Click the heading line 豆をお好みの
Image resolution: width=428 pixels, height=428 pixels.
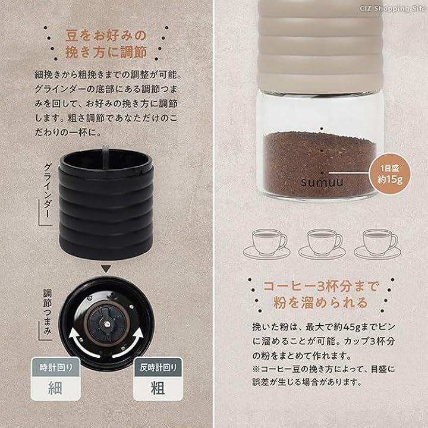[106, 36]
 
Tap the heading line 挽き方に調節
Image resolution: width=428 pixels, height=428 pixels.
[106, 52]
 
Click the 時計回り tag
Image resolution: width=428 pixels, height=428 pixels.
[56, 367]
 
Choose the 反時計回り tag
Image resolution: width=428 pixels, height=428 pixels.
[158, 367]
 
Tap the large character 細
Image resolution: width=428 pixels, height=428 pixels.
[55, 388]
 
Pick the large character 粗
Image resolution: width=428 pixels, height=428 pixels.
[158, 388]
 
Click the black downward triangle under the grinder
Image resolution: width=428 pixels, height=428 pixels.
[106, 269]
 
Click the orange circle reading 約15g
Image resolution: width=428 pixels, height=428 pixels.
[390, 174]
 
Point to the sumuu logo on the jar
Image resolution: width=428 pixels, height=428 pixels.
[322, 182]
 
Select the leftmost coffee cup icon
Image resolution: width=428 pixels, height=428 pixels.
[267, 244]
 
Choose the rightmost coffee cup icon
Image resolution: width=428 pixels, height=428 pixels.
[377, 244]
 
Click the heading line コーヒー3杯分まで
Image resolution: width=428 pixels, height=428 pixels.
[321, 287]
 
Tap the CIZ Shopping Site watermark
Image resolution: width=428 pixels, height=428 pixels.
[392, 8]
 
